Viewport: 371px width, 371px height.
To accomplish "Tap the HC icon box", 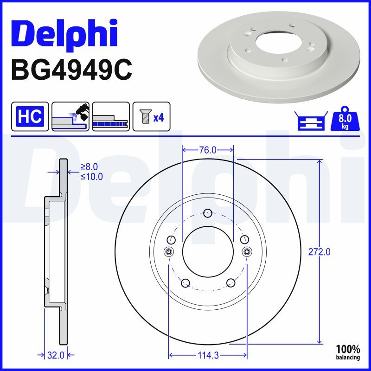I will [x=30, y=116].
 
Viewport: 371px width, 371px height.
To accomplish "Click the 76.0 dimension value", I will [x=207, y=150].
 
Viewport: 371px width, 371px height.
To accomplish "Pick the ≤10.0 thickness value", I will [x=91, y=176].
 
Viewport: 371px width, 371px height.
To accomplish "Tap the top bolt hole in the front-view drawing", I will [x=208, y=213].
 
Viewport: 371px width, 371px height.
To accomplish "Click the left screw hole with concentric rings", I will [x=169, y=251].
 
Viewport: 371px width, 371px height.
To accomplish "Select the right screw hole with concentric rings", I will [x=247, y=251].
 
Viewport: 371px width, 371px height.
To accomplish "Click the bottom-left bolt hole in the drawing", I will [x=185, y=283].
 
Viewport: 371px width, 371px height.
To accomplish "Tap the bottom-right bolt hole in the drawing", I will [x=230, y=283].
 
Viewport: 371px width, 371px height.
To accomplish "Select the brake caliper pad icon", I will [x=70, y=116].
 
